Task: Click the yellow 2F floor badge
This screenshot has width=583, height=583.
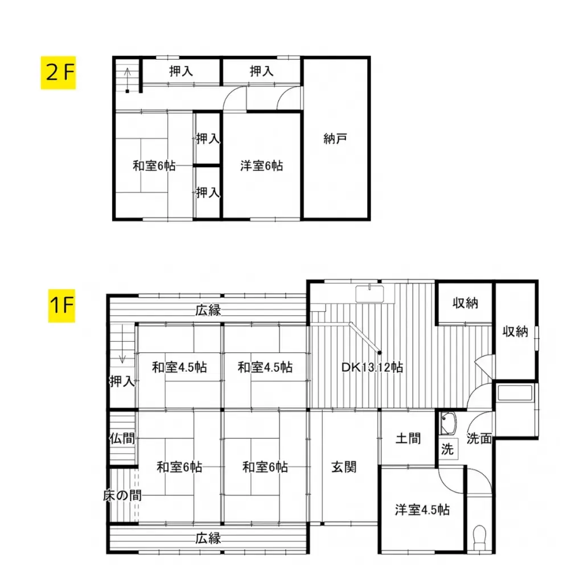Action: pyautogui.click(x=58, y=73)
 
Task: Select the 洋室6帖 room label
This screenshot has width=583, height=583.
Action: pyautogui.click(x=261, y=166)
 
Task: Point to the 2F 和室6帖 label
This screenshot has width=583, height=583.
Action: pyautogui.click(x=154, y=166)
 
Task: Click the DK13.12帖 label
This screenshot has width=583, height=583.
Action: pyautogui.click(x=372, y=367)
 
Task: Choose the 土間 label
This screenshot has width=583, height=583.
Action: pyautogui.click(x=408, y=438)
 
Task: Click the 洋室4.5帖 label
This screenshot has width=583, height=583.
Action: pyautogui.click(x=422, y=510)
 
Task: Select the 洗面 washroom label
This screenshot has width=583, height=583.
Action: pyautogui.click(x=479, y=438)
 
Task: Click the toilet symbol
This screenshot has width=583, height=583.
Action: pyautogui.click(x=479, y=535)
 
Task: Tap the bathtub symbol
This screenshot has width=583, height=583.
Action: pyautogui.click(x=515, y=393)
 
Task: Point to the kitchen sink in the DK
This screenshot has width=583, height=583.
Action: pyautogui.click(x=370, y=294)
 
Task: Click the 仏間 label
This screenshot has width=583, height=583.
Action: pyautogui.click(x=122, y=438)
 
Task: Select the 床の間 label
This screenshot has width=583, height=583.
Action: pyautogui.click(x=122, y=495)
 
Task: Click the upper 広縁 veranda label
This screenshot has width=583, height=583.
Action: pyautogui.click(x=208, y=311)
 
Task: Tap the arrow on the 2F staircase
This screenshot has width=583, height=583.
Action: pyautogui.click(x=128, y=73)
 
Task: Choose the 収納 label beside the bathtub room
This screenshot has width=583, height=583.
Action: pyautogui.click(x=515, y=331)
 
